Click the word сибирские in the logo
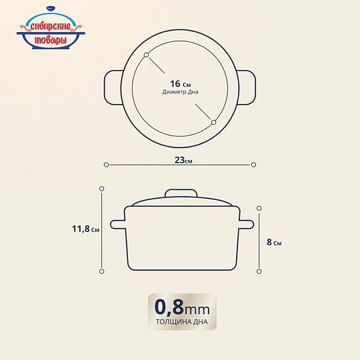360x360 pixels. pyautogui.click(x=51, y=27)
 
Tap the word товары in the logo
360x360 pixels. pyautogui.click(x=51, y=40)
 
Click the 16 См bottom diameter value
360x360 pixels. pyautogui.click(x=180, y=84)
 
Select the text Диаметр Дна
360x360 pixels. pyautogui.click(x=180, y=92)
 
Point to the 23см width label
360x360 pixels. pyautogui.click(x=183, y=160)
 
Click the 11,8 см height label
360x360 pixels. pyautogui.click(x=85, y=229)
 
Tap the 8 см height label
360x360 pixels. pyautogui.click(x=274, y=242)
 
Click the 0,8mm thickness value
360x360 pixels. pyautogui.click(x=182, y=307)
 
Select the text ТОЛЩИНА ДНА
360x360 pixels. pyautogui.click(x=181, y=322)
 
